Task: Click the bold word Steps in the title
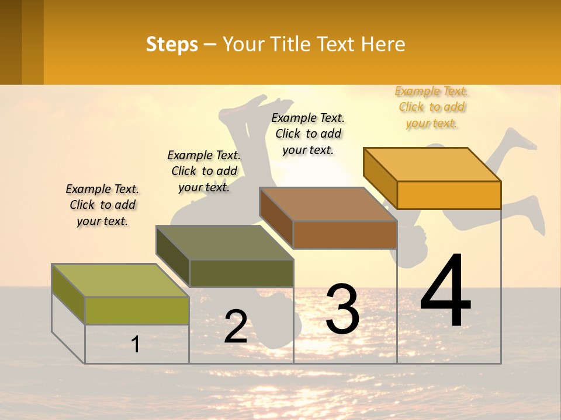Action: [172, 44]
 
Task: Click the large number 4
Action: [445, 292]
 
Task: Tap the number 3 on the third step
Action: [342, 309]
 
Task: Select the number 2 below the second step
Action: [236, 327]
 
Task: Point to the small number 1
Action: [136, 345]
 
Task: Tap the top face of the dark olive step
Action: [224, 243]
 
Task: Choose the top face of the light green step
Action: [120, 281]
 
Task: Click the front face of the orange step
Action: [449, 195]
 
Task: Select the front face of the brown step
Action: [345, 235]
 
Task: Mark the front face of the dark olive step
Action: [241, 274]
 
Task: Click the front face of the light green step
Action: [137, 310]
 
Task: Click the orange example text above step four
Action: [432, 107]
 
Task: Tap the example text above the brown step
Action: [308, 134]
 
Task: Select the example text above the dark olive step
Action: [204, 171]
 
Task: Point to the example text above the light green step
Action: [102, 205]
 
